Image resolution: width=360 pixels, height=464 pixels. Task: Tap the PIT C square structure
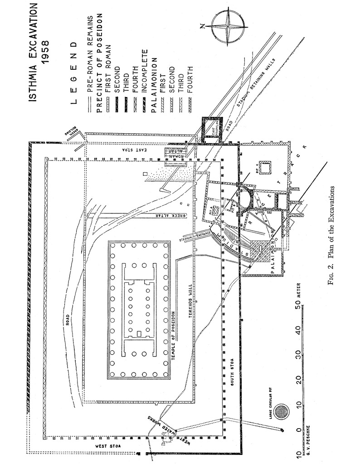[x=266, y=168]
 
